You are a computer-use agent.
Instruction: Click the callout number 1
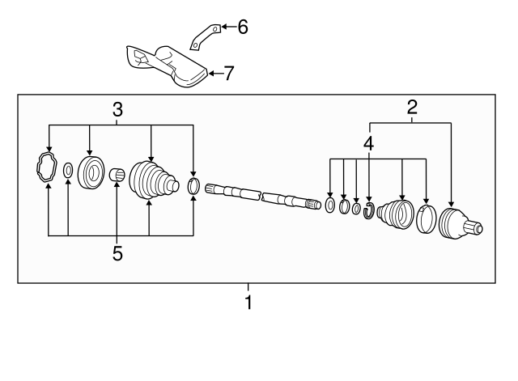pos(248,303)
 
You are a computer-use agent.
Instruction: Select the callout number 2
pos(412,107)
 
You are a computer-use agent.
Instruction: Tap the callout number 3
pos(117,109)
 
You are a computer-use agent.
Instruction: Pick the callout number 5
pos(117,253)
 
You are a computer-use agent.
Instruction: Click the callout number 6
pos(242,28)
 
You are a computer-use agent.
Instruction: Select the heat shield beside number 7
pos(168,65)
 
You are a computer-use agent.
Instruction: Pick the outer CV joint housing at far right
pos(458,225)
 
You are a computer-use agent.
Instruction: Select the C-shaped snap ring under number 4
pos(369,212)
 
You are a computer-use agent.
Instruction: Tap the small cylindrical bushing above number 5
pos(116,174)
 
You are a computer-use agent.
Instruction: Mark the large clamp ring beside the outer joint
pos(427,220)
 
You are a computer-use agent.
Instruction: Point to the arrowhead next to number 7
pos(212,74)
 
